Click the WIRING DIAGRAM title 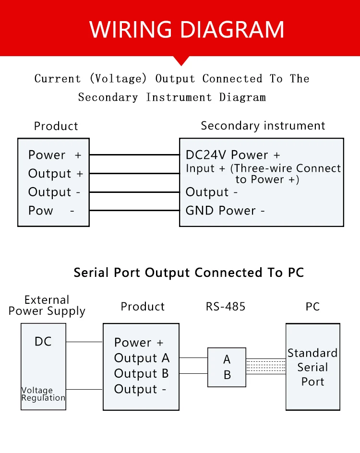click(187, 29)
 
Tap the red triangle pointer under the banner click(181, 60)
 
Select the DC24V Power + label click(233, 155)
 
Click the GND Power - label click(225, 211)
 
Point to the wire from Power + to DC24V click(134, 155)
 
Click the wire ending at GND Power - click(134, 210)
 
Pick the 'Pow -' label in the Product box click(51, 211)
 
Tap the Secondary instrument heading click(263, 126)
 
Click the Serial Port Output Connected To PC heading click(189, 273)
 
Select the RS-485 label click(226, 307)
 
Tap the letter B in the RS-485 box click(228, 375)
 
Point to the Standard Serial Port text click(312, 367)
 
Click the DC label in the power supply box click(43, 342)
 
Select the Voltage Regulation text click(43, 394)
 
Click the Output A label click(142, 358)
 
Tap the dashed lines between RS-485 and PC click(266, 366)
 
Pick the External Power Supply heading click(47, 306)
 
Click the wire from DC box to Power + click(84, 342)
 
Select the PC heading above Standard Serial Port click(312, 307)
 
